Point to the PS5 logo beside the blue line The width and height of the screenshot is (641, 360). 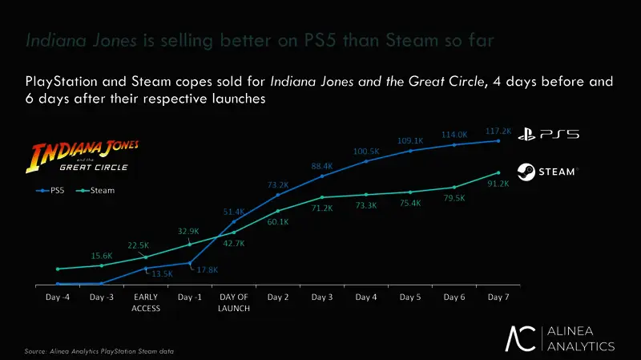tap(548, 135)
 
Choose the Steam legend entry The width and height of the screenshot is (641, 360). tap(97, 191)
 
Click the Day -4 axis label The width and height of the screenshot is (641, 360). tap(58, 297)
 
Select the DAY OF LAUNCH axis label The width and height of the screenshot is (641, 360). tap(234, 302)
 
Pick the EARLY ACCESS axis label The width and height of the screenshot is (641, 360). tap(146, 302)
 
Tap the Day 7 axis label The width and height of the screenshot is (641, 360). tap(498, 297)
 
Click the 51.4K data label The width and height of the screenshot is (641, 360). tap(233, 212)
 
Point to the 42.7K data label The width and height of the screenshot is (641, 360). tap(233, 243)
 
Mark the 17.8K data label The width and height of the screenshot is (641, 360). tap(208, 270)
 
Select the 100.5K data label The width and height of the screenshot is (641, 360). tap(366, 151)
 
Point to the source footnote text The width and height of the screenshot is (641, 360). tap(99, 351)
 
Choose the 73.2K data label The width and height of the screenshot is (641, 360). tap(277, 185)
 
